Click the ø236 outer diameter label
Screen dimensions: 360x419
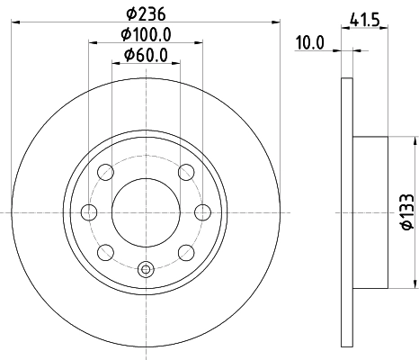click(145, 13)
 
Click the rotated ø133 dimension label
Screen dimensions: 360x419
click(405, 212)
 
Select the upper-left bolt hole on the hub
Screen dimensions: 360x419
click(105, 172)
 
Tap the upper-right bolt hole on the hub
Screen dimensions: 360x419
click(185, 172)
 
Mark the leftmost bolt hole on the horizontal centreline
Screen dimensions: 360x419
click(89, 211)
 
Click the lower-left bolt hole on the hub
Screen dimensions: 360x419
click(105, 251)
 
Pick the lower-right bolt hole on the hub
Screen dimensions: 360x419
click(185, 251)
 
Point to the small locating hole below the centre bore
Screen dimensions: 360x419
click(146, 266)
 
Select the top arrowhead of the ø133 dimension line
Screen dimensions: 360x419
click(415, 141)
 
